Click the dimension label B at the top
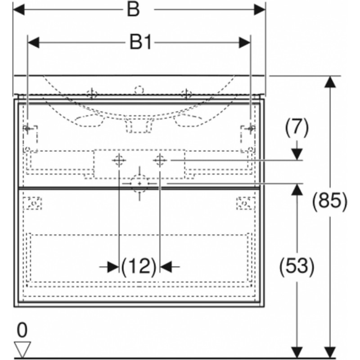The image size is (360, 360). click(x=133, y=9)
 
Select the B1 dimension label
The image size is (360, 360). click(x=141, y=42)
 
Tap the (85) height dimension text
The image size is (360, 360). click(x=330, y=202)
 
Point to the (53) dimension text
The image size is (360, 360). click(x=297, y=266)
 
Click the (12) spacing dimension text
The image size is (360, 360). click(x=139, y=267)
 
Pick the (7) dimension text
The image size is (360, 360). click(x=297, y=128)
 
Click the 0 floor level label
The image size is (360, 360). click(x=22, y=330)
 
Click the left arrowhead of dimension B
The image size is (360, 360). click(x=19, y=9)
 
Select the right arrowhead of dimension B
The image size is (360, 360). click(x=260, y=9)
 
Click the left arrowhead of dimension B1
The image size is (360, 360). click(x=33, y=43)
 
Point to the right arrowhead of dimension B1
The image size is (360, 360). click(x=244, y=43)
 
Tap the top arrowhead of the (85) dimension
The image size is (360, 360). click(x=330, y=82)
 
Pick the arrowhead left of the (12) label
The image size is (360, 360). click(x=113, y=267)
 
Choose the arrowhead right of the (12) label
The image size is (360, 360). click(x=166, y=267)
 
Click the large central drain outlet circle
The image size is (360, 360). click(x=139, y=184)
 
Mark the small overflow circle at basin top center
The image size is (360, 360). click(x=139, y=90)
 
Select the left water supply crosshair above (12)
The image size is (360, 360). click(x=119, y=160)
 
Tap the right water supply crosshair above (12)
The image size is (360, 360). click(x=160, y=160)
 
